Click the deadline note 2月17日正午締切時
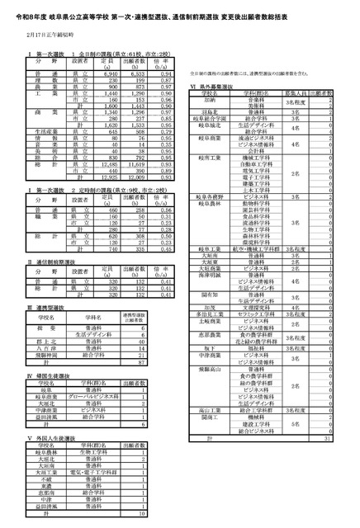(x=49, y=35)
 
